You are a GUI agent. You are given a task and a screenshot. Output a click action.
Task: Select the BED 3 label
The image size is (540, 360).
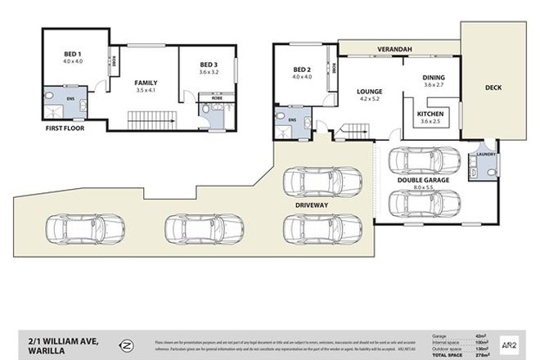210,65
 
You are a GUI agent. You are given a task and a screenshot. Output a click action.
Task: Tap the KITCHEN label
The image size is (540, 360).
431,113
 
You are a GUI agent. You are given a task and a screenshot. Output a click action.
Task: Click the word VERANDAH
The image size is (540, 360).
394,50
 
